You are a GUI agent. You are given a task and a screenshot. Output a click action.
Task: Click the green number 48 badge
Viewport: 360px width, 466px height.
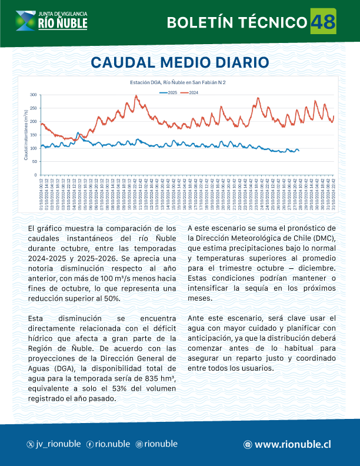[322, 22]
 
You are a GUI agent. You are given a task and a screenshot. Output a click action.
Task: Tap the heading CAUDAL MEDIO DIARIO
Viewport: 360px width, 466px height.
[180, 62]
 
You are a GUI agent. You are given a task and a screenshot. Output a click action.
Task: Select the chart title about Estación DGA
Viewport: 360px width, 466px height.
[178, 83]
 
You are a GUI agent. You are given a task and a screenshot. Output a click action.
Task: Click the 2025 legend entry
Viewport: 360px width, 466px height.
[170, 93]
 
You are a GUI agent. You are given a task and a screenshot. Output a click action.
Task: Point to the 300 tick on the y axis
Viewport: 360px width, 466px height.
[34, 95]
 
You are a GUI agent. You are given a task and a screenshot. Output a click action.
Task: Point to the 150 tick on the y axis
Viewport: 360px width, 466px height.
[34, 135]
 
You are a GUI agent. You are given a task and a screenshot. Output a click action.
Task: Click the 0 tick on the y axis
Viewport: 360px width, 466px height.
[36, 175]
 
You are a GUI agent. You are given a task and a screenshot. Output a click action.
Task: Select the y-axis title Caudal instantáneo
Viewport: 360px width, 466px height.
[26, 135]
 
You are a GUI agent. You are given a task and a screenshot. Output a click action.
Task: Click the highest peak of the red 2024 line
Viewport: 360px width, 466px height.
[136, 96]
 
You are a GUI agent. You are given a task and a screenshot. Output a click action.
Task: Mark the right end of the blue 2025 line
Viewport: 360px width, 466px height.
[299, 151]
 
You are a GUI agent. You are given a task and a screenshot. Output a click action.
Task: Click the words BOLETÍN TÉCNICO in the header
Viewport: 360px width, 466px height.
[237, 23]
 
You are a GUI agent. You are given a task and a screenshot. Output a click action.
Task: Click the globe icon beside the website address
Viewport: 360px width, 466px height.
[248, 445]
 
